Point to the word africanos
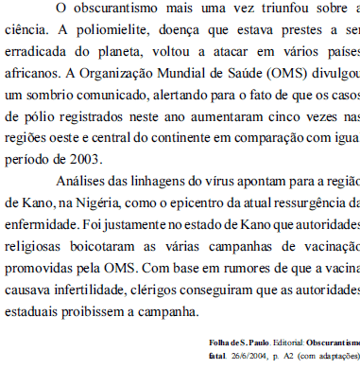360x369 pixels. point(34,73)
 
